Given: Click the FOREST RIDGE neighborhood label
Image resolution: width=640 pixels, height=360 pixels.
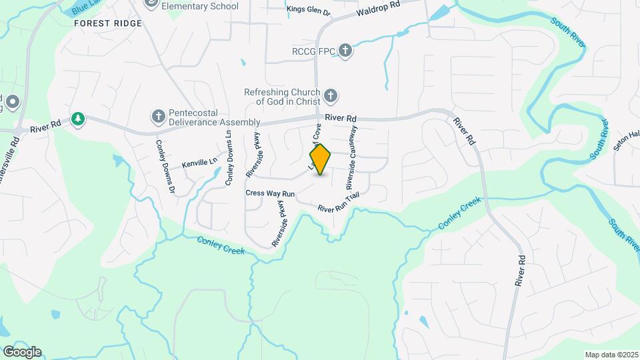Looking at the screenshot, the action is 108,23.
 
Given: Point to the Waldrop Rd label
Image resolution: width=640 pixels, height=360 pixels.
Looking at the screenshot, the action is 377,9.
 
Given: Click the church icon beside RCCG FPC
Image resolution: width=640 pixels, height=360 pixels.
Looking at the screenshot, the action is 345,51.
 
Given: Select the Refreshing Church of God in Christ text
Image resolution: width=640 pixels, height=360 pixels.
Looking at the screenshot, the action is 283,97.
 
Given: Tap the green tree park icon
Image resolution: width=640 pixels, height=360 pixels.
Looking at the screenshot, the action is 79,119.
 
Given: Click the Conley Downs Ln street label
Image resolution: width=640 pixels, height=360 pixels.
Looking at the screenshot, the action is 228,158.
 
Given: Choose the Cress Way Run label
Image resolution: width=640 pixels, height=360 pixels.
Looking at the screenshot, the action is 265,193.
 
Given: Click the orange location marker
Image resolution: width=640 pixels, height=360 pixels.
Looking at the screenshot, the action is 321,159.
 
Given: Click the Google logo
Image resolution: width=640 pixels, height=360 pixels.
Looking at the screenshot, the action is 21,351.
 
